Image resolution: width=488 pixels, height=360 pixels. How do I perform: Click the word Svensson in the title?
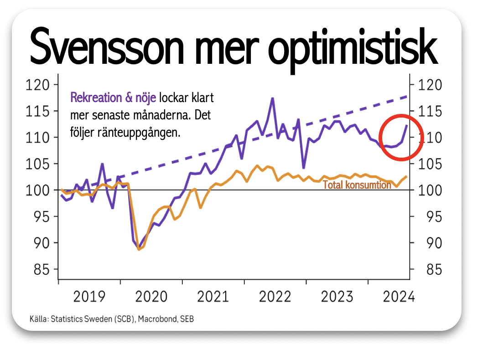(x=107, y=46)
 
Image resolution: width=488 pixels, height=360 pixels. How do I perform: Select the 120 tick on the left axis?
(x=37, y=85)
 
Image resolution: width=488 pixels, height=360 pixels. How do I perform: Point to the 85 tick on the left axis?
(x=42, y=269)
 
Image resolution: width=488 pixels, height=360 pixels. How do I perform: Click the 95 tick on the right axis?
(x=434, y=217)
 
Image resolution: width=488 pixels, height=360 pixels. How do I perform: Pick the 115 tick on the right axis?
(x=430, y=111)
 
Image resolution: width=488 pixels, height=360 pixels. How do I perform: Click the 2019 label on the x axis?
(x=89, y=297)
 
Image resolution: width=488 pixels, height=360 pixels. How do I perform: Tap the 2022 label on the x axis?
(x=275, y=297)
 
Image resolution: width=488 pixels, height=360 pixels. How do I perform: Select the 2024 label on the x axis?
(x=399, y=297)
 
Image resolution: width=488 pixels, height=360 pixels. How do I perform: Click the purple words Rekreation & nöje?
(x=113, y=98)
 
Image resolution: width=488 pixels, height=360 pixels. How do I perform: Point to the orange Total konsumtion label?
(x=357, y=185)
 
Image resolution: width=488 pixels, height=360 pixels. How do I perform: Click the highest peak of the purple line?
(x=272, y=98)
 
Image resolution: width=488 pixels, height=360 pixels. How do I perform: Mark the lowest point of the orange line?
(x=139, y=249)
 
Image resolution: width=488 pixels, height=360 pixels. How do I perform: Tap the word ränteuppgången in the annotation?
(x=139, y=133)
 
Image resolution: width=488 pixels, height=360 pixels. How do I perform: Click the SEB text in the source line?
(x=187, y=319)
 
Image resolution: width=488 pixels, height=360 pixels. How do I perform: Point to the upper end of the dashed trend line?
(x=407, y=97)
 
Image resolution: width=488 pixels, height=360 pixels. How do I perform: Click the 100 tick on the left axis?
(x=37, y=190)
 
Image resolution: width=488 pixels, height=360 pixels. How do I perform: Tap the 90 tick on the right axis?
(x=434, y=243)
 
